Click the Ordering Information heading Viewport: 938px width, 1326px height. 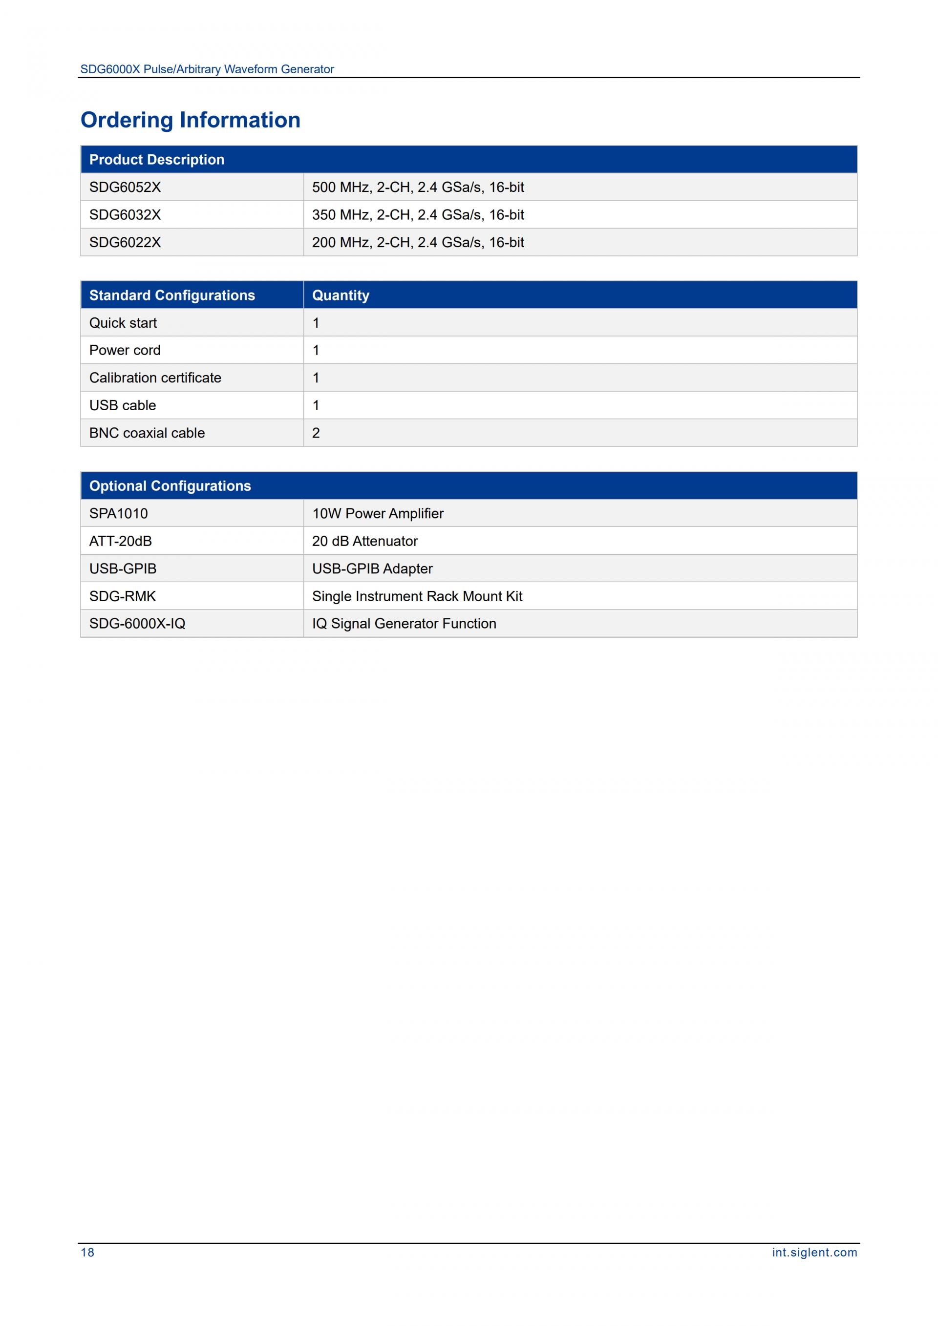coord(190,120)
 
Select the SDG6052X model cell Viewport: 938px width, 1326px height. coord(125,187)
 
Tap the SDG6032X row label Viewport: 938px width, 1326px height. coord(125,215)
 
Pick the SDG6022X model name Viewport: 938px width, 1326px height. coord(125,243)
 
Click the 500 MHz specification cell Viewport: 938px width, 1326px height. coord(418,187)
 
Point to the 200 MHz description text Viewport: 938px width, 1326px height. coord(418,243)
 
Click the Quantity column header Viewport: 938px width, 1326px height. coord(340,295)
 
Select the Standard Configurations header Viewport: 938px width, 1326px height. coord(171,295)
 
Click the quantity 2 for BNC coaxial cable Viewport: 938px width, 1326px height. coord(316,433)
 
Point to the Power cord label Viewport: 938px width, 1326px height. coord(125,350)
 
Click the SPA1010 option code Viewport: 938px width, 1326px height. coord(118,513)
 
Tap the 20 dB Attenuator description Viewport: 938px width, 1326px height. coord(364,541)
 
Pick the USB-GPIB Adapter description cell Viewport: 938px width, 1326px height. coord(372,569)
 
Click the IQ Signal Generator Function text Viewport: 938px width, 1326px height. coord(404,624)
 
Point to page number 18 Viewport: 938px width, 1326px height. coord(87,1252)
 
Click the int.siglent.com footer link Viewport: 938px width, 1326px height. coord(814,1252)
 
